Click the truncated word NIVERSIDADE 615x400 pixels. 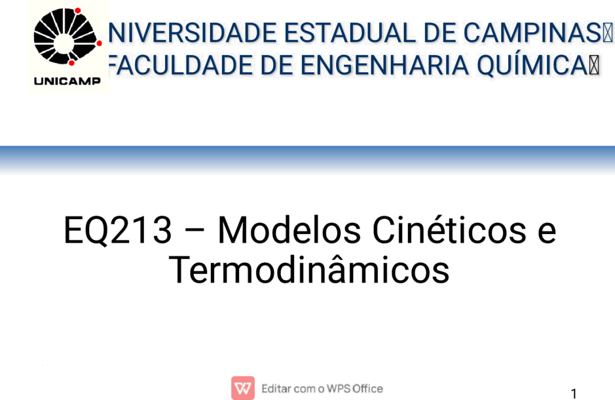pyautogui.click(x=192, y=33)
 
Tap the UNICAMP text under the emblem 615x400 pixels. pyautogui.click(x=67, y=81)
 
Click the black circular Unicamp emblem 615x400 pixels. pyautogui.click(x=65, y=37)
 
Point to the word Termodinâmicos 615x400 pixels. pyautogui.click(x=309, y=270)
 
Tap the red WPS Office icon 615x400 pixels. pyautogui.click(x=243, y=388)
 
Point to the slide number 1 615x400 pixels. pyautogui.click(x=574, y=393)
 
